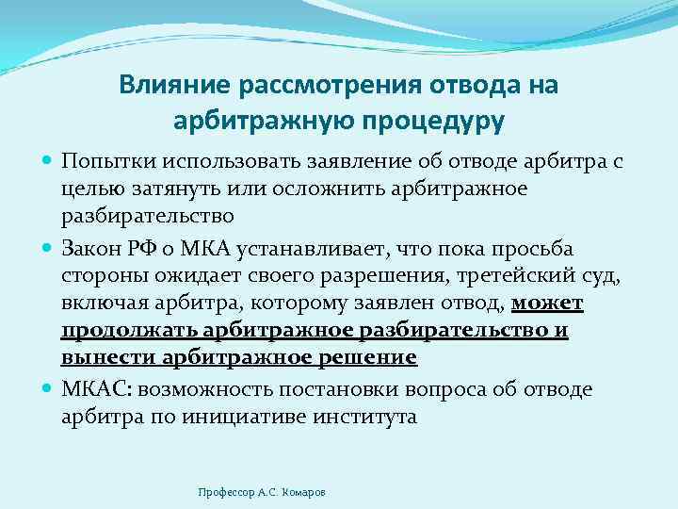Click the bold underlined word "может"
pos(547,303)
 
